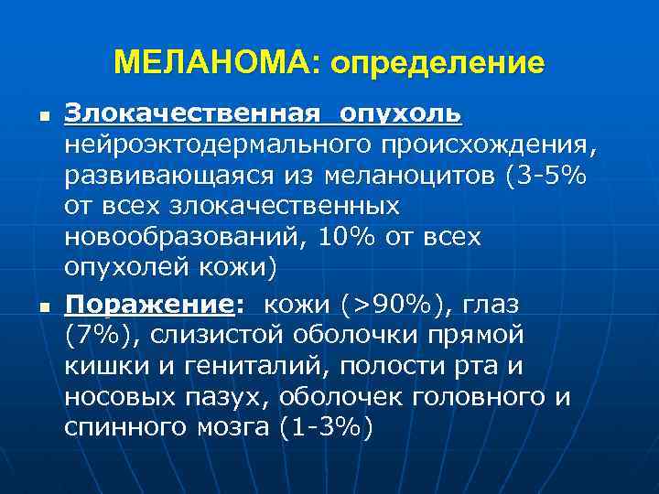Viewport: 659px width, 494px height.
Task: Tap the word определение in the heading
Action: point(438,63)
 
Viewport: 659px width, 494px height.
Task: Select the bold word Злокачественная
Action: point(193,115)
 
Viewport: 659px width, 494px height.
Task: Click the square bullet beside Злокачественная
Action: point(31,118)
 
